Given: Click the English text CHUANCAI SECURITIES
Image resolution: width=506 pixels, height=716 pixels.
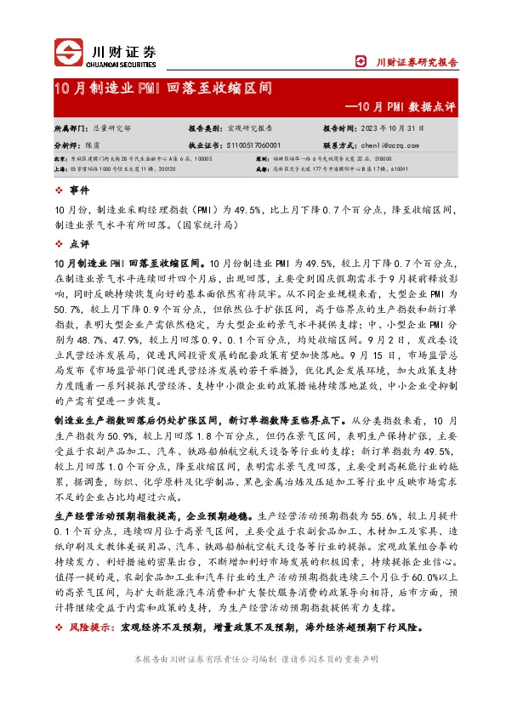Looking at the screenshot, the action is pyautogui.click(x=123, y=62).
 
